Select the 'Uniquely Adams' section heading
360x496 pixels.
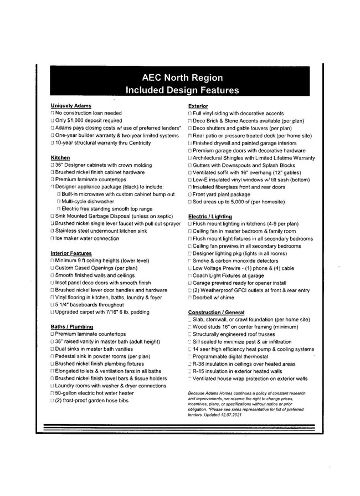click(x=71, y=105)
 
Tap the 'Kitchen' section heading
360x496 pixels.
click(x=60, y=158)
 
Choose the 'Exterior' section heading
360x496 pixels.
click(x=198, y=105)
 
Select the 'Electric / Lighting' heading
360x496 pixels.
click(x=210, y=216)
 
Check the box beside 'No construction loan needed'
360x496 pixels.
click(x=52, y=113)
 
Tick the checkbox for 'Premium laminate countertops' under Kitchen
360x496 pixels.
click(x=52, y=180)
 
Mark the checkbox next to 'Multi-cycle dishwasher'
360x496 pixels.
click(x=59, y=201)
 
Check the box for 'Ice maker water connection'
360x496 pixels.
click(x=52, y=238)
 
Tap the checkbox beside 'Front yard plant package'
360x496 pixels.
click(x=189, y=195)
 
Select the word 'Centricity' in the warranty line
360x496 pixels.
click(x=137, y=143)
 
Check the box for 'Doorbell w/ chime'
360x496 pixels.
click(x=189, y=298)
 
